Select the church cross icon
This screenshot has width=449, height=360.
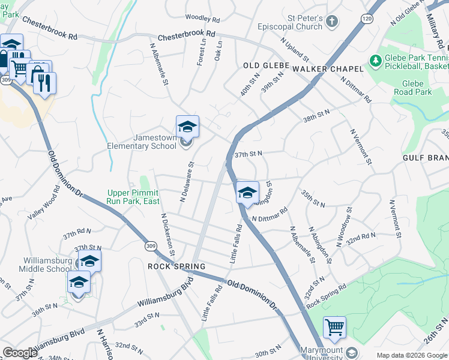pos(332,22)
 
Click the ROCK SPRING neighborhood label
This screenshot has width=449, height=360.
pos(176,266)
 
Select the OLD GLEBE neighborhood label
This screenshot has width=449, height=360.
pos(267,65)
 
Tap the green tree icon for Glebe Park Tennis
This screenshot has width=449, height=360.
pos(376,61)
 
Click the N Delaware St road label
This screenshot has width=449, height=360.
pos(187,181)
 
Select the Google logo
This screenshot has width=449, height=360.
pos(19,353)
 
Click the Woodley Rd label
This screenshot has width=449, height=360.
pos(202,18)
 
